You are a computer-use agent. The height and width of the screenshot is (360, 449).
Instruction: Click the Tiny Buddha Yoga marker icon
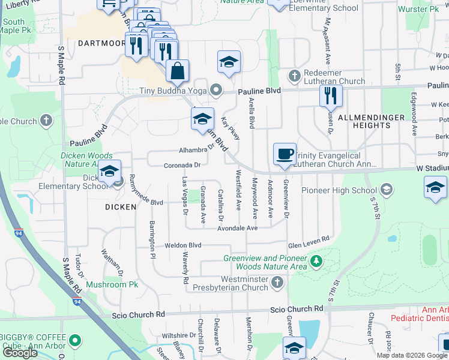pos(217,91)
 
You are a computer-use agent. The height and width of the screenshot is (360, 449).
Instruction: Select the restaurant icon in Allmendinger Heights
pos(331,95)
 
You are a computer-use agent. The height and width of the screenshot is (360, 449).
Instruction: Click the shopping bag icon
pos(178,71)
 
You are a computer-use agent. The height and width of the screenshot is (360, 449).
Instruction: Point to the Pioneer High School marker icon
pos(387,191)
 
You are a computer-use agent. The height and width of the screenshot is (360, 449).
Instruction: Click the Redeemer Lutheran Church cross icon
pos(294,76)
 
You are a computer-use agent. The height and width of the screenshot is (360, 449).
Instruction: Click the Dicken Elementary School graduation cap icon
pos(110,172)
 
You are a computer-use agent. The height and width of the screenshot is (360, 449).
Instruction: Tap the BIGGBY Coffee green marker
pos(75,341)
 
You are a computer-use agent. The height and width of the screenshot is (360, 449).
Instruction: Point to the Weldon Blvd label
pos(183,245)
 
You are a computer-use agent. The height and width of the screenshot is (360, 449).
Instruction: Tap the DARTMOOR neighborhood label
pos(101,43)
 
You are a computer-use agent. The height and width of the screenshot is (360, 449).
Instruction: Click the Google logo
pos(20,353)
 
